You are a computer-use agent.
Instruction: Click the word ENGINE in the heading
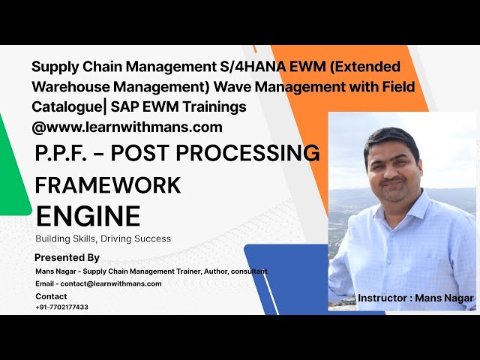(x=88, y=216)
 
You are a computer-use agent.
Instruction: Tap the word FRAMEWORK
(x=108, y=184)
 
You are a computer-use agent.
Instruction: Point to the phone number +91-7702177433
(x=61, y=307)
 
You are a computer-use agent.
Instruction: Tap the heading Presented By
(x=67, y=257)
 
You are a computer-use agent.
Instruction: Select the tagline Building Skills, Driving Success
(x=103, y=239)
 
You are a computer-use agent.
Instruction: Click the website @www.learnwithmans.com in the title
(x=127, y=127)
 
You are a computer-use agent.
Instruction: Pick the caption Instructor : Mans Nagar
(x=415, y=298)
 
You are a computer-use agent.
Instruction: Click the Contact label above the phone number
(x=51, y=296)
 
